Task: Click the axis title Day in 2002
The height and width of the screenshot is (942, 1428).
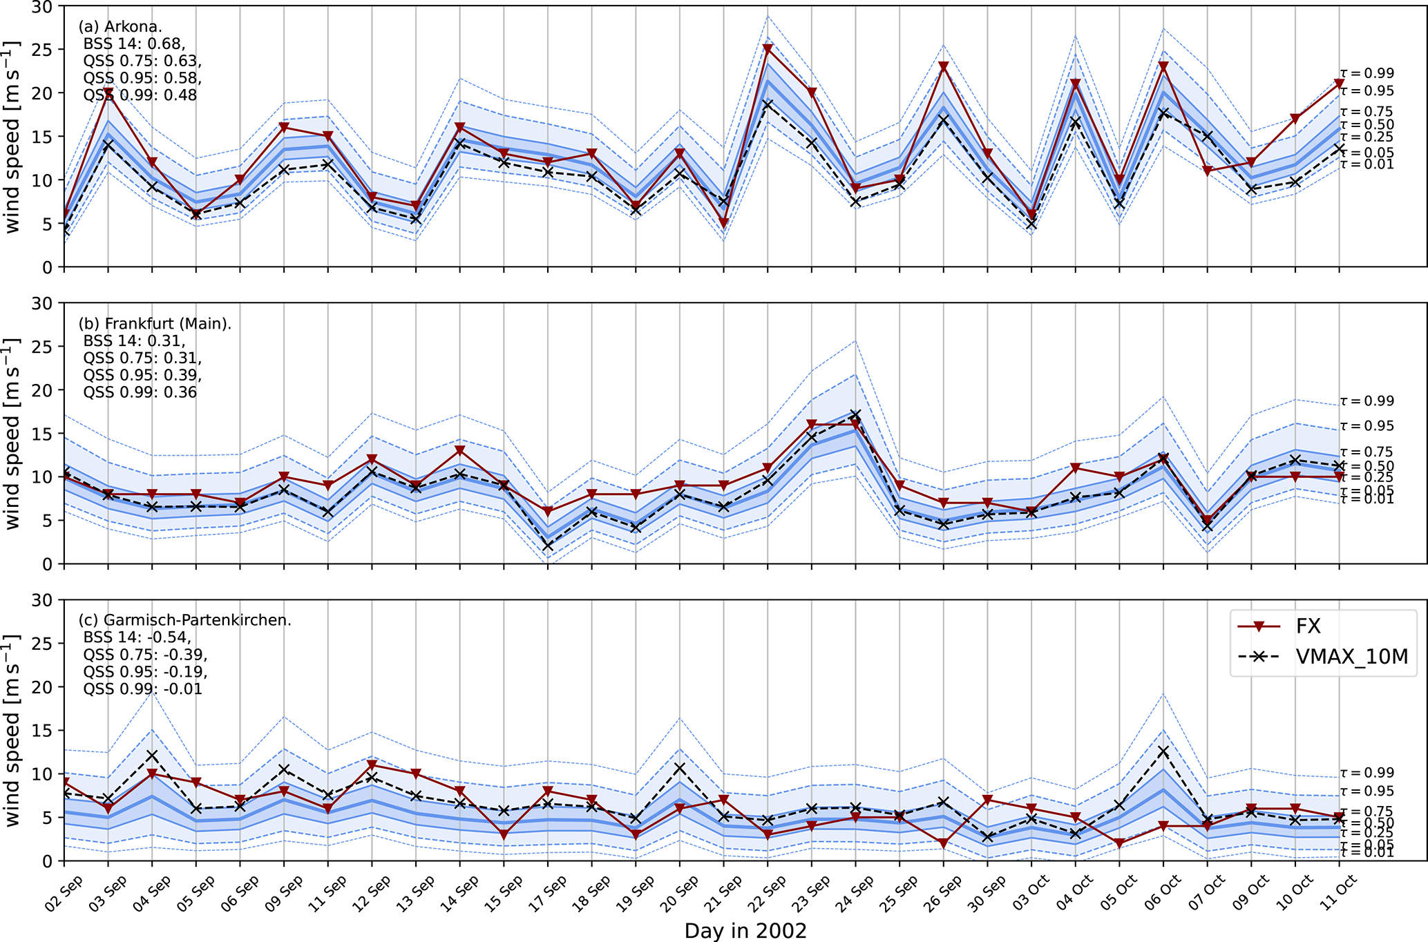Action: point(745,931)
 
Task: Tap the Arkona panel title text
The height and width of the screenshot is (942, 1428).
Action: point(120,27)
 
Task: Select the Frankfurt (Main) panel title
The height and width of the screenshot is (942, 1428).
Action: point(155,324)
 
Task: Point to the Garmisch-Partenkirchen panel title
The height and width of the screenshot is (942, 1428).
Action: point(184,620)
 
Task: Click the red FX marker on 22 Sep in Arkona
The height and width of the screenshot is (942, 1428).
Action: point(768,49)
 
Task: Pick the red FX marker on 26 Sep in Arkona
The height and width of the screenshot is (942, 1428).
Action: point(944,67)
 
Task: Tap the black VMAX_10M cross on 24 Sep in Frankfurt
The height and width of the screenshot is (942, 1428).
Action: point(856,415)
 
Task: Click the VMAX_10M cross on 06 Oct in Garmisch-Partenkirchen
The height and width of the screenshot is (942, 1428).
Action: point(1163,751)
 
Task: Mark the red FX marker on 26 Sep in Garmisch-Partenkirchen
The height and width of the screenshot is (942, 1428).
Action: point(944,843)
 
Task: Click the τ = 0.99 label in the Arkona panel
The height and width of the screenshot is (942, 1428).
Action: point(1367,73)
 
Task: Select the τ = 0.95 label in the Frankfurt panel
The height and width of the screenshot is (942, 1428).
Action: point(1367,426)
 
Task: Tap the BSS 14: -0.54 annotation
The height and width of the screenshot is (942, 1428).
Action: point(137,637)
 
